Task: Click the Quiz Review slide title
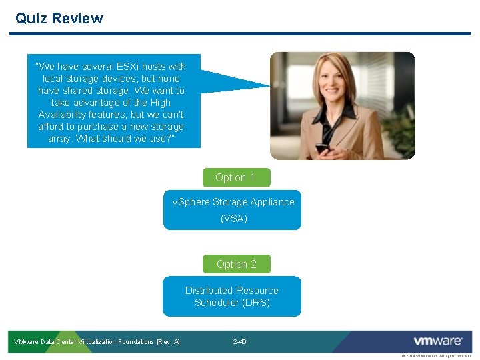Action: point(59,18)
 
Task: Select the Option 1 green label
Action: point(235,177)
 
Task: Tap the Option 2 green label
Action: point(236,264)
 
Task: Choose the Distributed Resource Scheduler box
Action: point(232,296)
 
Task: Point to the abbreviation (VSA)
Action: point(234,218)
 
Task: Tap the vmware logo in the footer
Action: point(438,341)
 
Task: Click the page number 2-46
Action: point(240,342)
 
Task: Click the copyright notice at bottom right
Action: point(437,356)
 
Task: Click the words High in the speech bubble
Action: point(159,103)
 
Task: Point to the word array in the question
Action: point(59,139)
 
